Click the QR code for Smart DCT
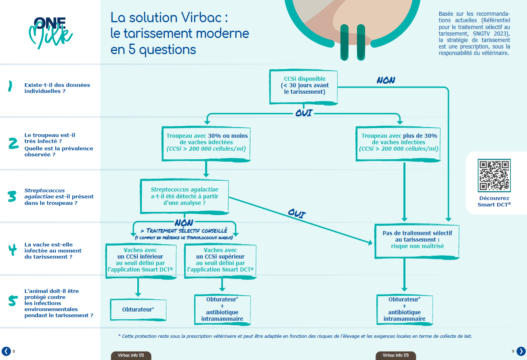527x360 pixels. point(494,175)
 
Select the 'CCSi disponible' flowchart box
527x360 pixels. point(304,86)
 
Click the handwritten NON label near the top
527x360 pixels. point(386,80)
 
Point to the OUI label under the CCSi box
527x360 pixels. point(304,113)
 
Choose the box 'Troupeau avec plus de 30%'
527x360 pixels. point(399,142)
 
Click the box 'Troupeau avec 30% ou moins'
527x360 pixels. point(207,142)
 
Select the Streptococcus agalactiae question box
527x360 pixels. point(184,196)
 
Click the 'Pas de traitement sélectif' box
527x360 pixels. point(417,240)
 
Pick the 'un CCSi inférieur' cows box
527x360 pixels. point(141,260)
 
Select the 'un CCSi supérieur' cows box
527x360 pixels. point(220,260)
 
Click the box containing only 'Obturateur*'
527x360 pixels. point(138,309)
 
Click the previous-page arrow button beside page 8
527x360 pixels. point(6,351)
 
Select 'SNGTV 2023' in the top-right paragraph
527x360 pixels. point(491,33)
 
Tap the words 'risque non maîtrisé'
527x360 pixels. point(417,246)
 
